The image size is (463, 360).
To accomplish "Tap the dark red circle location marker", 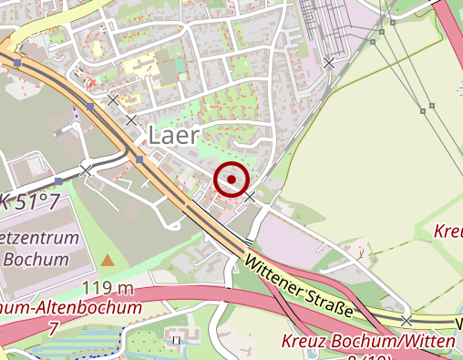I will point(231,180).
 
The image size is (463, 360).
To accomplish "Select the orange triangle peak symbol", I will point(108,261).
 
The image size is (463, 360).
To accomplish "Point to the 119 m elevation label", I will point(108,289).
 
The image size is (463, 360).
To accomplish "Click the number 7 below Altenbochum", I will point(54,326).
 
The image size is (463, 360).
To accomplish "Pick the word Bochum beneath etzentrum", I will point(36,259).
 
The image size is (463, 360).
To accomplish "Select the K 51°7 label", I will point(31,201).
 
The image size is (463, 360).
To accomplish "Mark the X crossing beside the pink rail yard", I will point(328,63).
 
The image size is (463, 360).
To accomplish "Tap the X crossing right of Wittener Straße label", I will point(406,320).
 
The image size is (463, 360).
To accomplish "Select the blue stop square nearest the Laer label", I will point(139,159).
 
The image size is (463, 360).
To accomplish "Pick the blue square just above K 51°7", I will point(57,181).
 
